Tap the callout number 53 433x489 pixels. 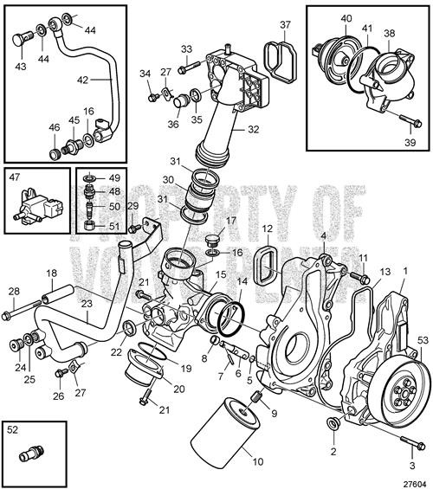[423, 340]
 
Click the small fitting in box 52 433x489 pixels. [34, 453]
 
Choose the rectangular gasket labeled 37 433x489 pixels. [280, 62]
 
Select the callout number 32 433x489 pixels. [254, 131]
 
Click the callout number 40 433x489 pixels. [322, 18]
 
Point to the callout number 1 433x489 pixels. [404, 270]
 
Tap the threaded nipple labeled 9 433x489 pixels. [255, 398]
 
